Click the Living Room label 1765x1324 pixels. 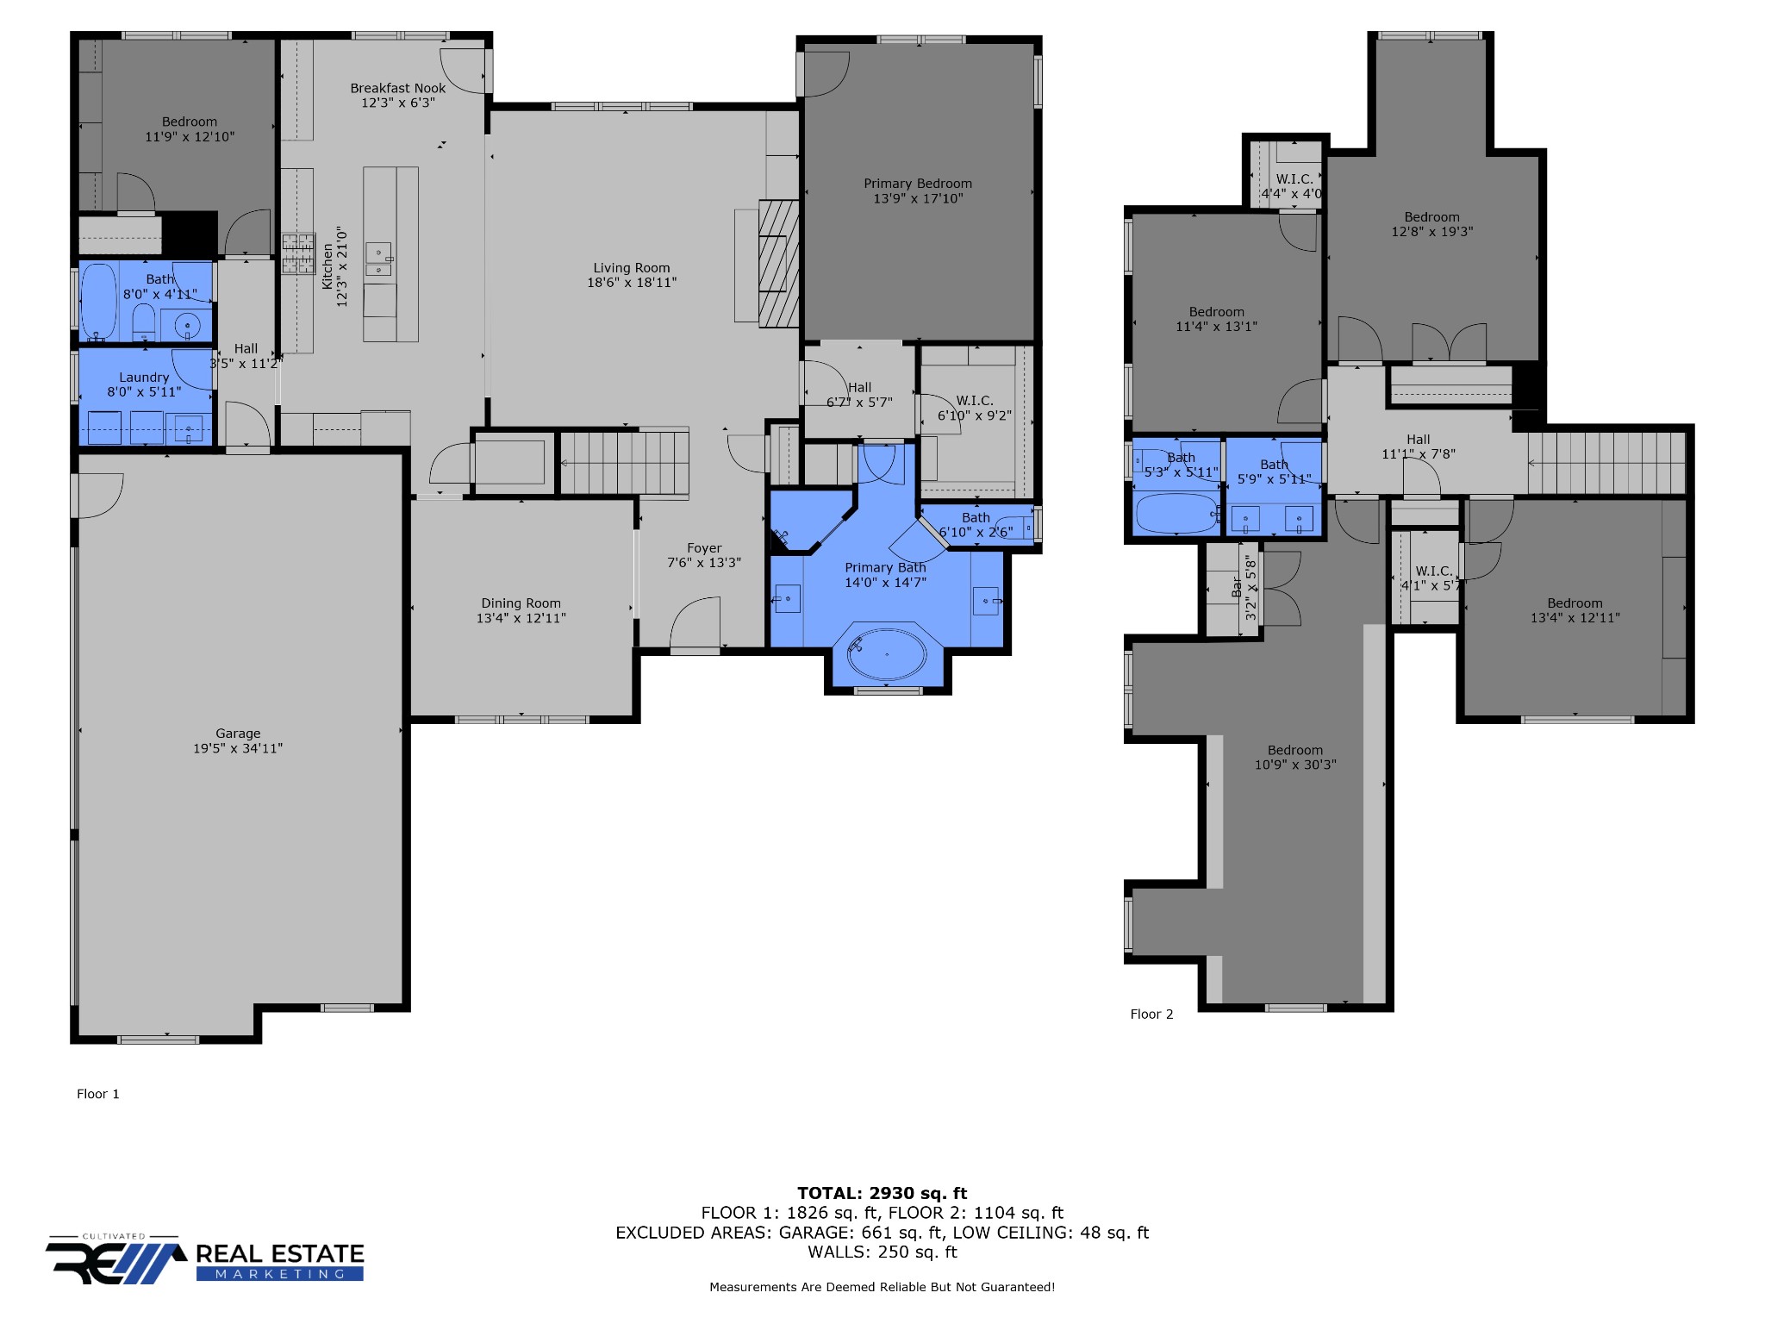[x=632, y=268]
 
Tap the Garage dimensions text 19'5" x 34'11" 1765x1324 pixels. [x=238, y=748]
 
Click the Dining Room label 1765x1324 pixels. [x=521, y=603]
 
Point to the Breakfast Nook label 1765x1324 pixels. [x=398, y=88]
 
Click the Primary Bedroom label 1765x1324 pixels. [x=918, y=184]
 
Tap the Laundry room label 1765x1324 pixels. [x=144, y=378]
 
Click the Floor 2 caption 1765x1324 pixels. [x=1151, y=1015]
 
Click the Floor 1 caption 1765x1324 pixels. [x=98, y=1094]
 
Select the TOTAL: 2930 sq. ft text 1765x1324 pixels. [x=882, y=1193]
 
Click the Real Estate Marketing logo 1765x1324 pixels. [x=205, y=1260]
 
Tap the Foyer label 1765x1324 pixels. [x=704, y=548]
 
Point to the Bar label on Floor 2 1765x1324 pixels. [x=1238, y=589]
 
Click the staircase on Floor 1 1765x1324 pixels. [x=624, y=463]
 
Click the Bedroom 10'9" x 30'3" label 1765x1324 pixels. [x=1295, y=750]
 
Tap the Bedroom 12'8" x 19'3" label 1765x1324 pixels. [x=1432, y=217]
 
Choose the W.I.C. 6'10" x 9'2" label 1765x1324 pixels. [x=975, y=401]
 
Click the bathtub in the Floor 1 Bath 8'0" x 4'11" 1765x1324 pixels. [x=98, y=301]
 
